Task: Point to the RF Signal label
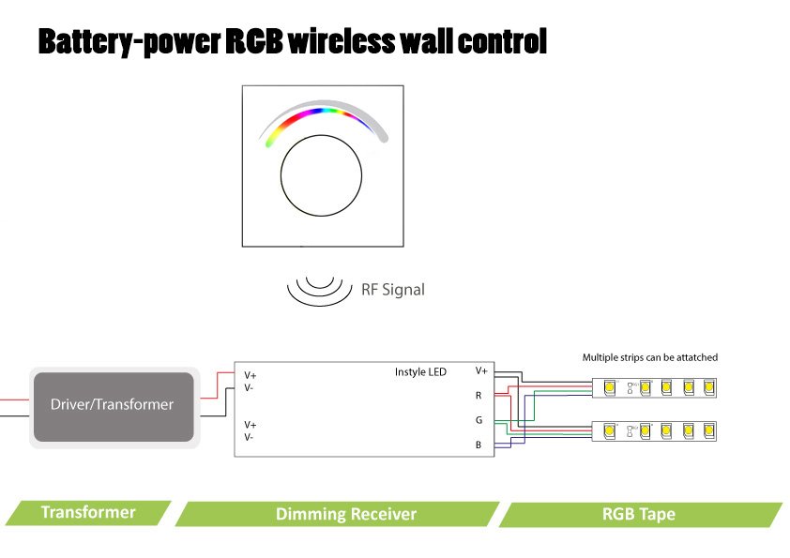(x=392, y=290)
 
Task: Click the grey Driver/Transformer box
(x=113, y=405)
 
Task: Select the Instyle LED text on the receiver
(x=420, y=372)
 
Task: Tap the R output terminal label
(x=479, y=396)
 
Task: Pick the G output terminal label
(x=479, y=420)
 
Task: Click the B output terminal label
(x=479, y=445)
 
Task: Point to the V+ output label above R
(x=480, y=370)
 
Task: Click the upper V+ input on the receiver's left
(x=251, y=375)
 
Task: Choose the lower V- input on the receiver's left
(x=250, y=437)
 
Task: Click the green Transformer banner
(x=88, y=512)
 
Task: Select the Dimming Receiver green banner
(x=345, y=514)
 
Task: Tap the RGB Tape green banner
(x=638, y=514)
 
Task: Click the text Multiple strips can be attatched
(x=649, y=357)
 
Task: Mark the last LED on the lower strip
(x=708, y=431)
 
